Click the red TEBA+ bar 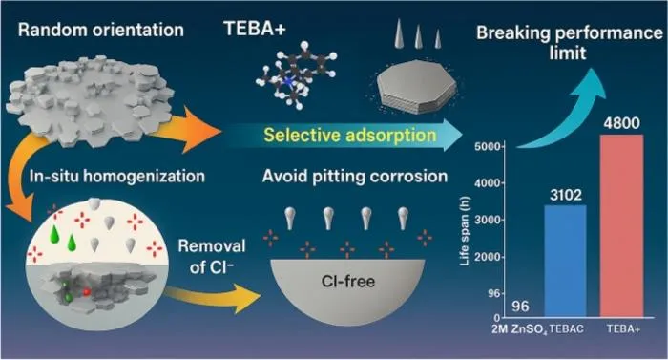tap(621, 226)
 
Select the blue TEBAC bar tap(565, 261)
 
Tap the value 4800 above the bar tap(621, 123)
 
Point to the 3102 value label tap(566, 195)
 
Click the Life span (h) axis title tap(465, 230)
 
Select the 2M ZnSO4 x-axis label tap(519, 329)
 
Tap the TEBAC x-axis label tap(566, 328)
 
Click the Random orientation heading tap(101, 30)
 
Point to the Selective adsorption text tap(350, 135)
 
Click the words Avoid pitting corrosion tap(355, 176)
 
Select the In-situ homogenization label tap(117, 176)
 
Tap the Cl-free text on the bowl tap(348, 282)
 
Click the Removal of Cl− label tap(212, 256)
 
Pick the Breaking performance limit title tap(569, 43)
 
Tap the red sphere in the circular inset tap(87, 292)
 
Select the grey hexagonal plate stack tap(416, 87)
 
